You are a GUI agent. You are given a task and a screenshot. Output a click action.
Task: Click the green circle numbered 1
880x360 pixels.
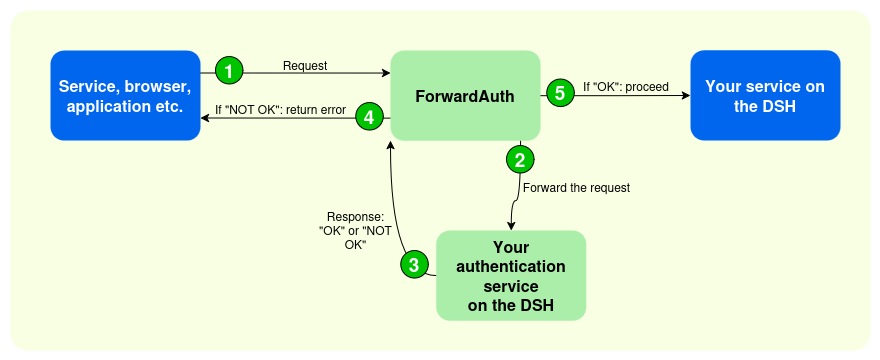coord(230,71)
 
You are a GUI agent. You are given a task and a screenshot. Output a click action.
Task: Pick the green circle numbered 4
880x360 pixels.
coord(369,117)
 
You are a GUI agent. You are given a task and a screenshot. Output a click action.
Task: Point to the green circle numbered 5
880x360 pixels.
coord(558,93)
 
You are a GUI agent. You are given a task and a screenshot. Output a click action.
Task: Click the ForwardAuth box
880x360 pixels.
coord(465,96)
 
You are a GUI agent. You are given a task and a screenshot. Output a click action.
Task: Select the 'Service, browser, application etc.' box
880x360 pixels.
coord(125,96)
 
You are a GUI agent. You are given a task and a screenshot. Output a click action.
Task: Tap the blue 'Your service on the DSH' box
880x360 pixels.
coord(765,96)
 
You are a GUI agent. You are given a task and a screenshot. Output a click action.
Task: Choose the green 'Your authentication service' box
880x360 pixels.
coord(510,275)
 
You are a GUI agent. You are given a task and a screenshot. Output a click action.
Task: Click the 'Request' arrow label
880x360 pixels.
coord(305,66)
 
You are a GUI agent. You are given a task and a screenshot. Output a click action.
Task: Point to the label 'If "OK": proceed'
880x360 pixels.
coord(626,86)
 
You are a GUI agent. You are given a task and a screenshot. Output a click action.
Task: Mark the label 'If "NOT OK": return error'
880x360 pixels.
coord(279,110)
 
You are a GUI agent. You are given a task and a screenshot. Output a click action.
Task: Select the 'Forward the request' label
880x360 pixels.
coord(576,187)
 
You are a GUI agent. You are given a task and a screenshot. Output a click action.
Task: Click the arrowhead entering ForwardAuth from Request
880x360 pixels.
coord(385,72)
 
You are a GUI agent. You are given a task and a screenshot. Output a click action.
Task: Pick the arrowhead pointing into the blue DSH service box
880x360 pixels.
coord(685,96)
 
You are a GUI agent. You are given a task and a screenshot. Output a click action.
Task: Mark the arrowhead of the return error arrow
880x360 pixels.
coord(206,118)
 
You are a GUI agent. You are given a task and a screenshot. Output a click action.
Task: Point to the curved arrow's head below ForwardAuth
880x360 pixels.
coord(391,146)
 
